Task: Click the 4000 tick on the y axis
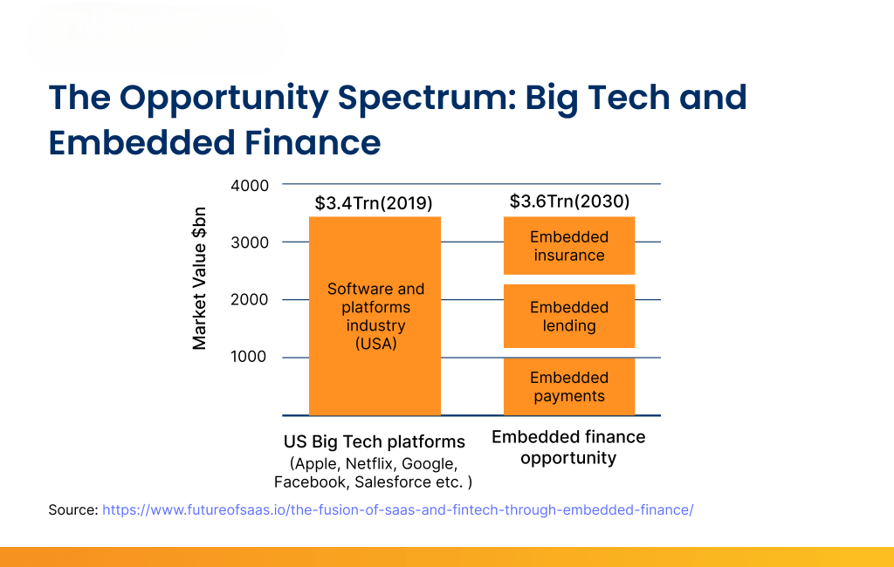coord(250,186)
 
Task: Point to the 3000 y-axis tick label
coord(250,243)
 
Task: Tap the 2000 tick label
coord(250,300)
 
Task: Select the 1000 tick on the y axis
coord(250,357)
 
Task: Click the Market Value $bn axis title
coord(200,278)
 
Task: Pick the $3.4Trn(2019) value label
coord(374,204)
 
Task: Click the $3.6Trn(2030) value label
coord(569,202)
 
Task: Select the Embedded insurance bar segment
coord(569,246)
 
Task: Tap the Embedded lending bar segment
coord(569,317)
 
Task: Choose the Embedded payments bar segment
coord(569,386)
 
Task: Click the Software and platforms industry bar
coord(375,316)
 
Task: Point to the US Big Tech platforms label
coord(374,441)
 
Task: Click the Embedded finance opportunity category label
coord(568,447)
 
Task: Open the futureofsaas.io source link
coord(398,509)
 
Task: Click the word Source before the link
coord(72,509)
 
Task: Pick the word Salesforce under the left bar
coord(393,482)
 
